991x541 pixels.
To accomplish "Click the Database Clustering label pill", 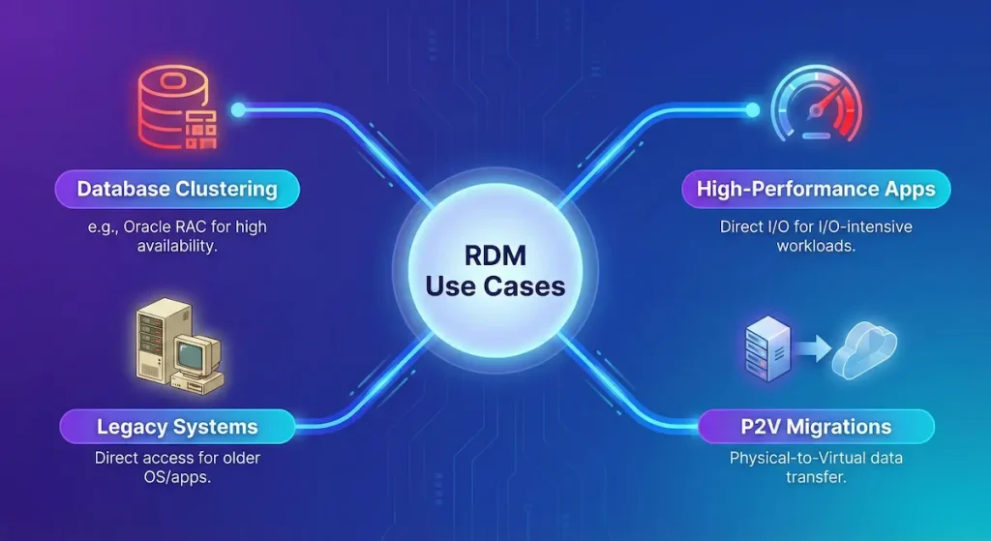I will (177, 189).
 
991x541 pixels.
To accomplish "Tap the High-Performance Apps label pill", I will (816, 189).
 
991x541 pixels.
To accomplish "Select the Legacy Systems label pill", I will (177, 426).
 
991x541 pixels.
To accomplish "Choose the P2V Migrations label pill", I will (816, 426).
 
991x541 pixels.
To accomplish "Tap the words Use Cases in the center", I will (495, 287).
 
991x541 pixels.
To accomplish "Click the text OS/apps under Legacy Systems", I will (177, 477).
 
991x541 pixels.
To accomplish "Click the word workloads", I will (816, 247).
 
